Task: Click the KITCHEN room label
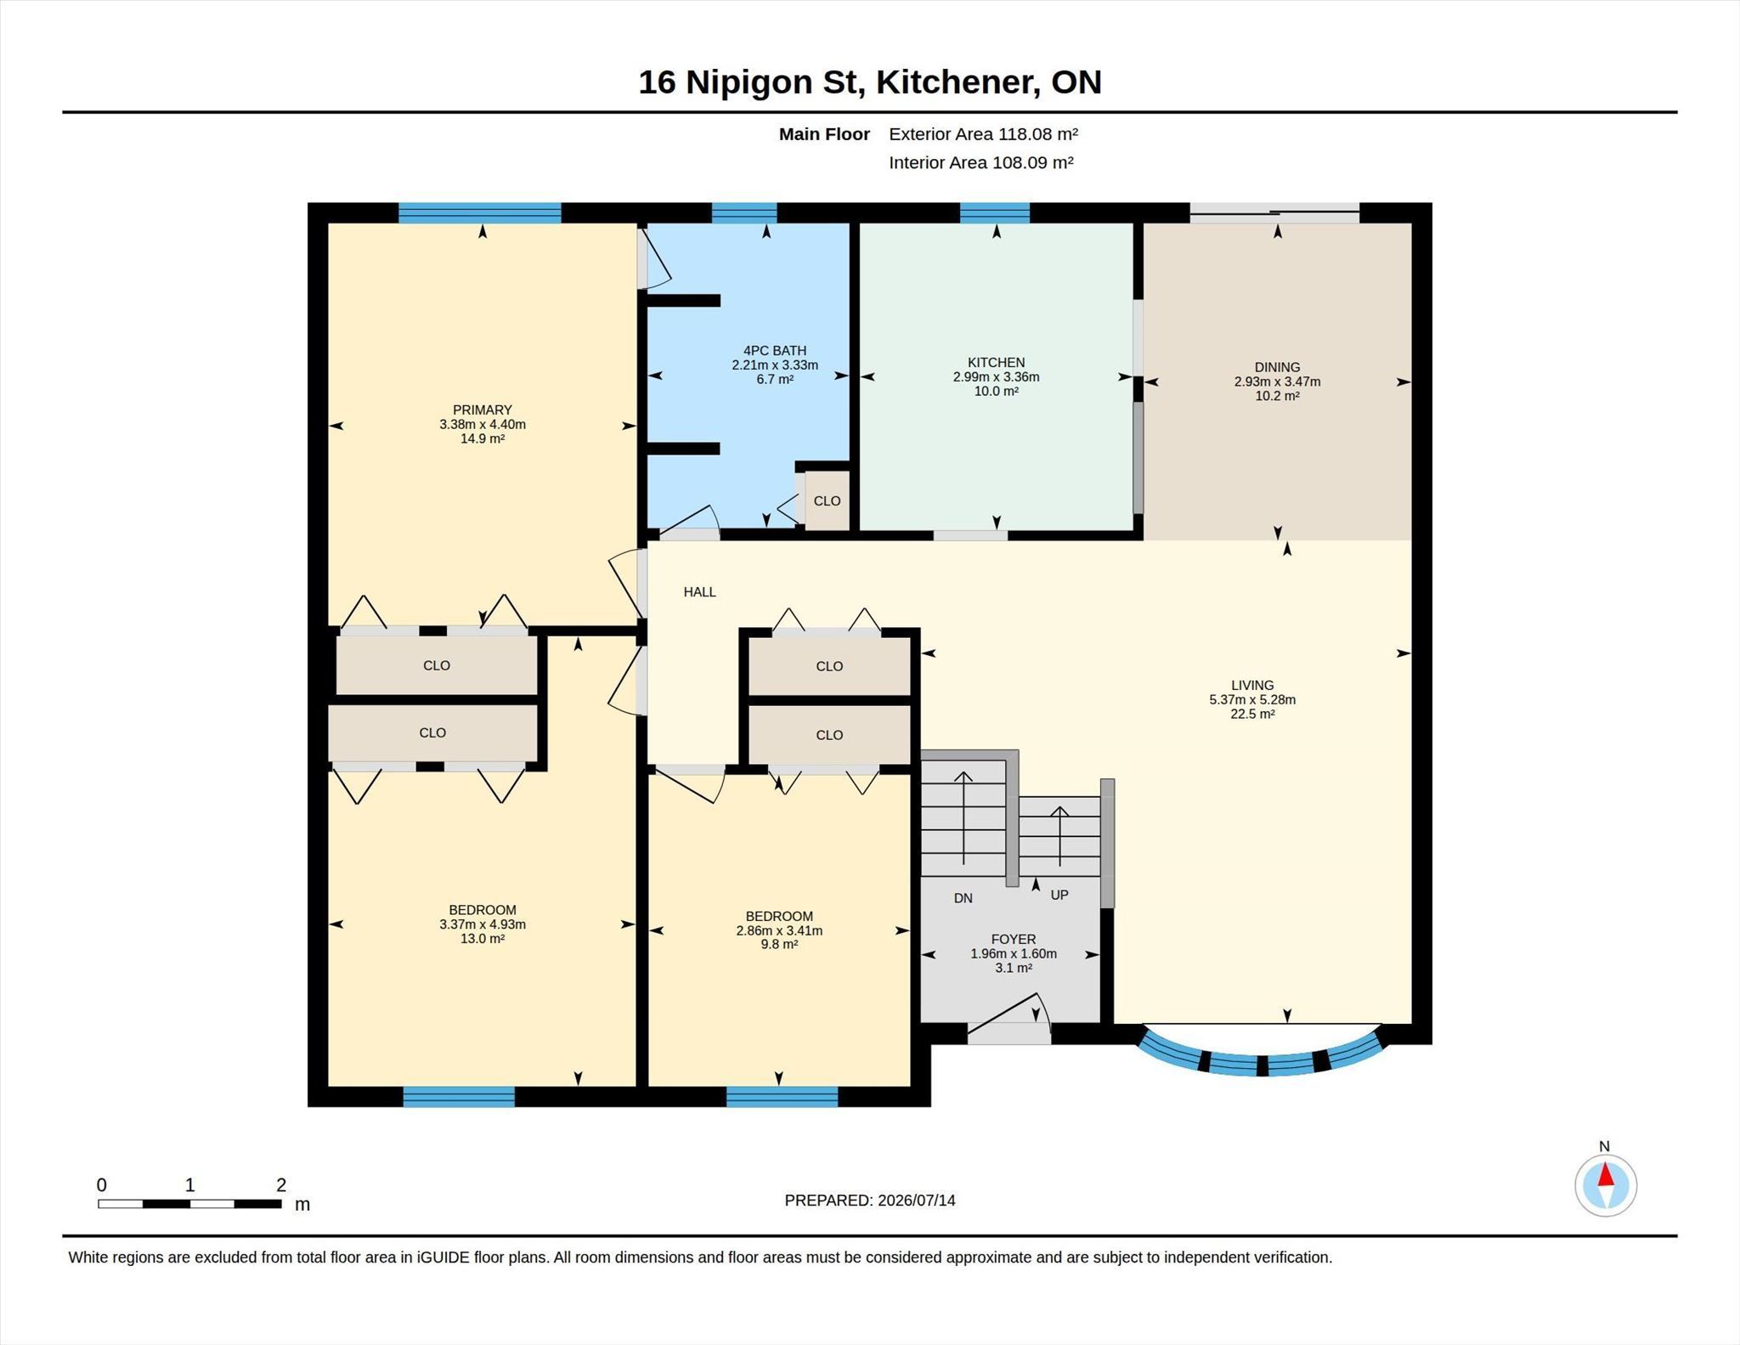(996, 362)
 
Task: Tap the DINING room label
(1277, 367)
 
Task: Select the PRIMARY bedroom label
(482, 410)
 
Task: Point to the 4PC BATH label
(775, 350)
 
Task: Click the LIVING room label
(1252, 685)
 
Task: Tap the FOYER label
(1013, 939)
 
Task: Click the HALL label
(700, 591)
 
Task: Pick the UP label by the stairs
(1059, 895)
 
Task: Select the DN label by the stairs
(963, 898)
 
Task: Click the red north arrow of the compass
(1606, 1174)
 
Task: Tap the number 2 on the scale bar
(281, 1184)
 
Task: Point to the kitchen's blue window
(995, 212)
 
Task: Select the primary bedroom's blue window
(480, 212)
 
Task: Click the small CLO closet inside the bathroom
(827, 500)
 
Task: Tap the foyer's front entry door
(1008, 1033)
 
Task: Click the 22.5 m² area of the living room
(1252, 714)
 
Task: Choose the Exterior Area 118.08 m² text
(983, 133)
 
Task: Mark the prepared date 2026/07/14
(917, 1201)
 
